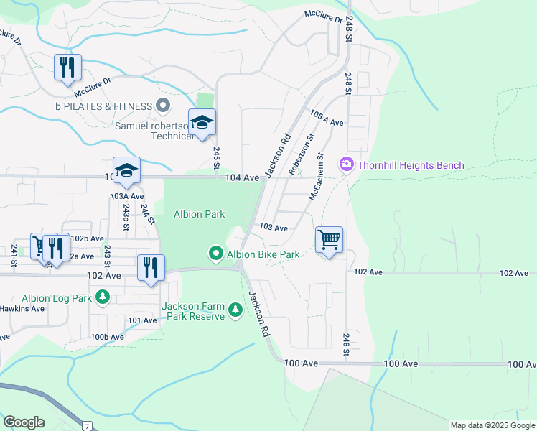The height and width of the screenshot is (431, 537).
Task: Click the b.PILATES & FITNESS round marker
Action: [x=163, y=106]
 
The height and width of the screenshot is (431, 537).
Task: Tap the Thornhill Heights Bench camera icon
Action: [x=347, y=165]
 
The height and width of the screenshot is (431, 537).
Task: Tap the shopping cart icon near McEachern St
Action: [x=329, y=240]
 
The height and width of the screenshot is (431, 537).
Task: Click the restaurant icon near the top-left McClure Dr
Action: [x=67, y=68]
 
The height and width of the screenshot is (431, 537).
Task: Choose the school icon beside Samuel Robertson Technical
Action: [x=202, y=122]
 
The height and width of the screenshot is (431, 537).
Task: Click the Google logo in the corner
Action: [x=24, y=422]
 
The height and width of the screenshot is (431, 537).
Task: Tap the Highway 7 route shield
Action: [x=87, y=426]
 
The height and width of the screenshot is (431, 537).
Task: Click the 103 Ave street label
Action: [x=274, y=228]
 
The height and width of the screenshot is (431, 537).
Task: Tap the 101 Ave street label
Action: [x=142, y=320]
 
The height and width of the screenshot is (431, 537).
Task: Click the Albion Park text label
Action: [x=199, y=214]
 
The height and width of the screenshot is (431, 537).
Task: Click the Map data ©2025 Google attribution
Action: [x=492, y=425]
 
